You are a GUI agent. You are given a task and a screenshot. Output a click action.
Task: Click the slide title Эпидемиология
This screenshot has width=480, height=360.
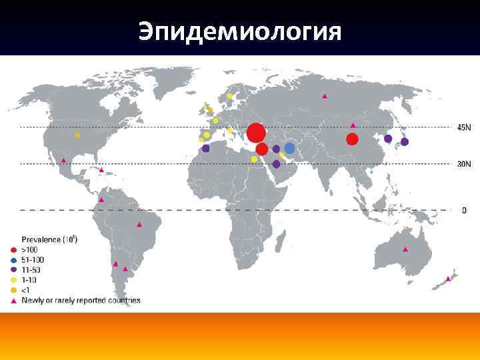(240, 31)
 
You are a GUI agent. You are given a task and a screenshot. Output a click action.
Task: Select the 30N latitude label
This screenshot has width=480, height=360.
(464, 164)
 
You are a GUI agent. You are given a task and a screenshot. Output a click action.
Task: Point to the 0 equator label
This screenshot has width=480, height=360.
(464, 210)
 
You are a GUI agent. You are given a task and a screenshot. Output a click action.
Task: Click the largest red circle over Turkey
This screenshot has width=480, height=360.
(256, 132)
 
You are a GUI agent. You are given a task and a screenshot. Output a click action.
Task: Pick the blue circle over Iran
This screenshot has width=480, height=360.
(289, 148)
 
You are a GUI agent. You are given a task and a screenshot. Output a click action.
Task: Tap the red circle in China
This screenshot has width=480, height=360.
(352, 139)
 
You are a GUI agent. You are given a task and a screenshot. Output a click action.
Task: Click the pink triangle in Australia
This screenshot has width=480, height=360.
(405, 249)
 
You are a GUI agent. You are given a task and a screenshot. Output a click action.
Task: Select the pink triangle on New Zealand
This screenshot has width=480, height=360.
(449, 279)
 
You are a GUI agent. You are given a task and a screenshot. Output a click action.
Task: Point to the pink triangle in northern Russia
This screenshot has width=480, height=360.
(325, 97)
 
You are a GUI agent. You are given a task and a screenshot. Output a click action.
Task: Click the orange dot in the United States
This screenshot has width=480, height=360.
(77, 135)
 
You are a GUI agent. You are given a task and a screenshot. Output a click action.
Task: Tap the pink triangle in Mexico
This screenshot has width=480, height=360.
(63, 160)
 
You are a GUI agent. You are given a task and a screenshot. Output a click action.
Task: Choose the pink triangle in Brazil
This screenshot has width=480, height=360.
(139, 225)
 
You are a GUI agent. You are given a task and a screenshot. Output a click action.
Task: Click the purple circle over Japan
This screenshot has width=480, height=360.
(405, 142)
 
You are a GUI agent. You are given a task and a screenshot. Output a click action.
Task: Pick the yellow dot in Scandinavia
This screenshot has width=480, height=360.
(229, 97)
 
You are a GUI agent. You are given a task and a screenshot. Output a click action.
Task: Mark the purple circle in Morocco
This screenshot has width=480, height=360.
(205, 149)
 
